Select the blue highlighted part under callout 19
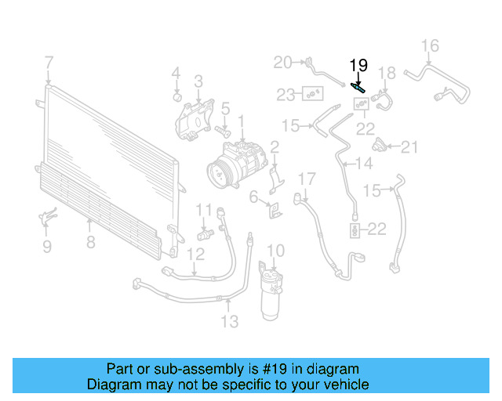[x=358, y=89]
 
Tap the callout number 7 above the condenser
[x=49, y=62]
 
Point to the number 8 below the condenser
[x=91, y=242]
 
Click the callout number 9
[x=46, y=247]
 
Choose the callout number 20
[x=282, y=62]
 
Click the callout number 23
[x=286, y=95]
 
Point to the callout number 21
[x=411, y=146]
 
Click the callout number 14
[x=364, y=164]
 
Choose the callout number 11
[x=204, y=209]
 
